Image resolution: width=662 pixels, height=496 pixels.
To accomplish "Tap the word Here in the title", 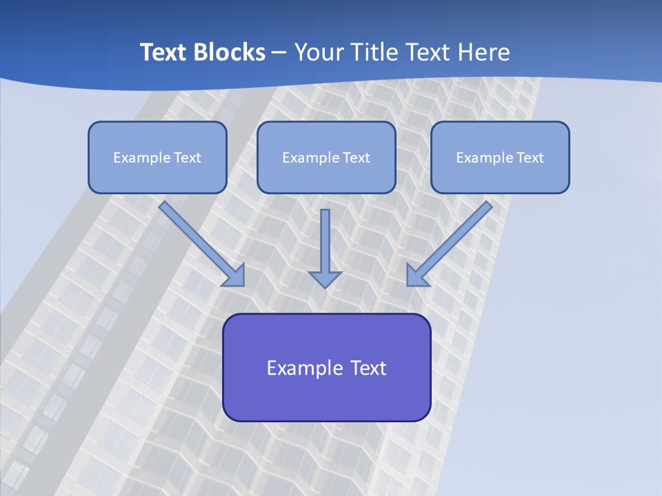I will click(483, 52).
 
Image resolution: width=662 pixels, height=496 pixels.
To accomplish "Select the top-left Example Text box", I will click(157, 157).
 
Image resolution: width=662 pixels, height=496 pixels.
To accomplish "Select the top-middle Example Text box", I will click(326, 157).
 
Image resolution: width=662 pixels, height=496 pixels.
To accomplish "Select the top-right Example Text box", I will click(500, 157).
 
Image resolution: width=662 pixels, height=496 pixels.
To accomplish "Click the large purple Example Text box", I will click(326, 367).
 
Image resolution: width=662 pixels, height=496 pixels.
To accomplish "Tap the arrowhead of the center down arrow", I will click(325, 278).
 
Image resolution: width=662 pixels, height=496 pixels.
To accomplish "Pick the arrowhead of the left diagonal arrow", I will click(234, 276).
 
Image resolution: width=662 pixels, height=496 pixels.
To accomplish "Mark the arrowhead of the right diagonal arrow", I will click(417, 276).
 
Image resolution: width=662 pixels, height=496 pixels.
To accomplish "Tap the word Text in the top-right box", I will click(530, 158).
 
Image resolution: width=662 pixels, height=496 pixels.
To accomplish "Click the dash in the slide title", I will click(279, 53).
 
